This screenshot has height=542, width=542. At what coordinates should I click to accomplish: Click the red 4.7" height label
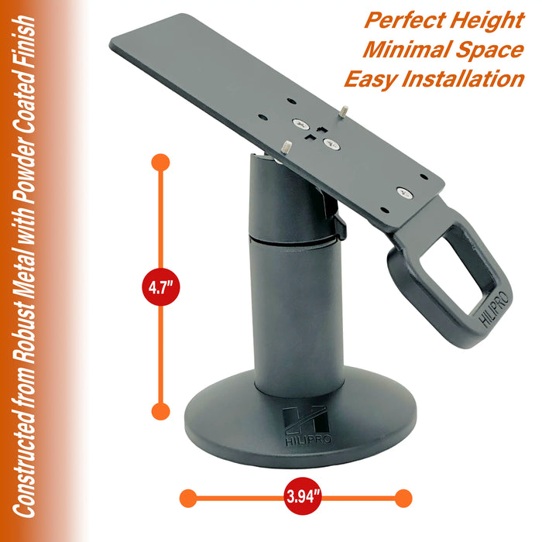point(161,286)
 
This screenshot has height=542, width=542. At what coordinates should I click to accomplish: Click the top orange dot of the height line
point(161,163)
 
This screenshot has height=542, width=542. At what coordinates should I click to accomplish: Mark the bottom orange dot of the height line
point(161,410)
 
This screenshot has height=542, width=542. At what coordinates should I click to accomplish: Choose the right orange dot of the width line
point(402,497)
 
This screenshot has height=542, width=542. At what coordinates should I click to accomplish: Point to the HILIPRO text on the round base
point(297,439)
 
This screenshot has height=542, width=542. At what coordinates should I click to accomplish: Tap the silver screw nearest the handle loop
point(403,190)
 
